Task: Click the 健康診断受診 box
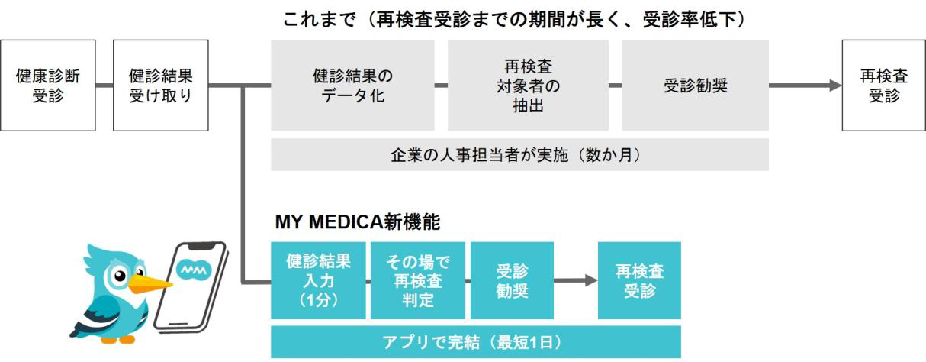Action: point(48,86)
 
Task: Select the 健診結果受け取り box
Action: point(160,86)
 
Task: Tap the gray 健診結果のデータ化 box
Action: point(352,86)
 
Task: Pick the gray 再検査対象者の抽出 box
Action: point(528,86)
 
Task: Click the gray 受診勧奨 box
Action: point(695,86)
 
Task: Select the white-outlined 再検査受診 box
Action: point(883,86)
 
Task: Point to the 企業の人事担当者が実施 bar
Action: point(519,154)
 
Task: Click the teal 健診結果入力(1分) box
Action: point(319,280)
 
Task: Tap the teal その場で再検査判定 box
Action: point(417,280)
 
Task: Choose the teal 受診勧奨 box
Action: point(512,280)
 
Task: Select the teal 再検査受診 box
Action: point(639,280)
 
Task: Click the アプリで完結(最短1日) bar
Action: point(476,341)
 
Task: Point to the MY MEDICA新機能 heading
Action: point(357,222)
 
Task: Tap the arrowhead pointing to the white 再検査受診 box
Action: point(834,86)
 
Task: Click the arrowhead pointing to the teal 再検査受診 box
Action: point(591,280)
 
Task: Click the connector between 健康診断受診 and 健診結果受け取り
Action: point(104,86)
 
